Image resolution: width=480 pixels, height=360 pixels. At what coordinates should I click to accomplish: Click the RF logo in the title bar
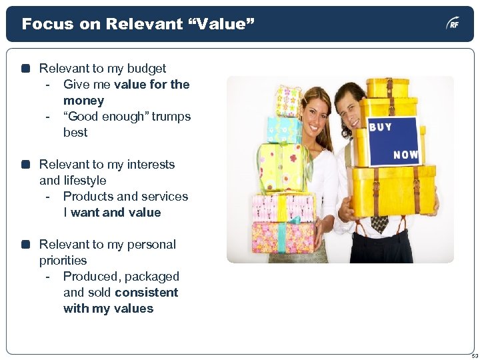coord(453,24)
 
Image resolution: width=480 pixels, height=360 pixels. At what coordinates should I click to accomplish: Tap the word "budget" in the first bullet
coord(145,69)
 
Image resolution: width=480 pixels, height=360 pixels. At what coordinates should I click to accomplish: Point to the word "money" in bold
coord(83,101)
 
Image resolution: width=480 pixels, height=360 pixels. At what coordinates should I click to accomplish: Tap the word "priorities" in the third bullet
coord(63,261)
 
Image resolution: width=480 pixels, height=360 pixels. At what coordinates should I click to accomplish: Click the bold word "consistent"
coord(146,293)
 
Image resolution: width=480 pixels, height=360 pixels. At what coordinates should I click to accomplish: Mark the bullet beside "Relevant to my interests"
coord(26,165)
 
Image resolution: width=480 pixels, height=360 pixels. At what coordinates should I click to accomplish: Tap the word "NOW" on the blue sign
coord(405,155)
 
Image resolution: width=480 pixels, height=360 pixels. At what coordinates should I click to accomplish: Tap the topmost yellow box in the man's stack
coord(388,87)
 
